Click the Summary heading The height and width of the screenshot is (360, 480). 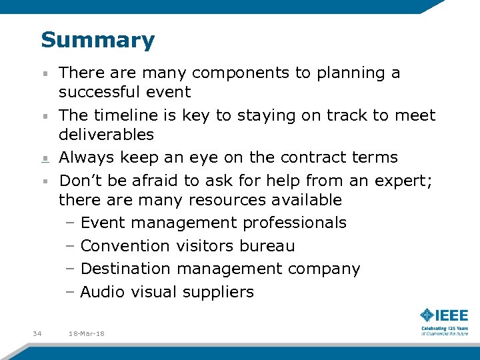[x=97, y=40]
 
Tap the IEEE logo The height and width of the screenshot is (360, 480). [x=444, y=315]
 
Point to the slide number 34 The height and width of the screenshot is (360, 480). [x=37, y=333]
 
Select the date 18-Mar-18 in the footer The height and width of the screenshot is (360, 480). [x=86, y=333]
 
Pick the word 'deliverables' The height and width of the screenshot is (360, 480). [x=106, y=135]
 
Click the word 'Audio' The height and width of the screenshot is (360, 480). [x=103, y=292]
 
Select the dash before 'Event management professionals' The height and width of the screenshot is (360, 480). [x=70, y=223]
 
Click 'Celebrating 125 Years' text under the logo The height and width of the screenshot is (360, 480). [x=444, y=328]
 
